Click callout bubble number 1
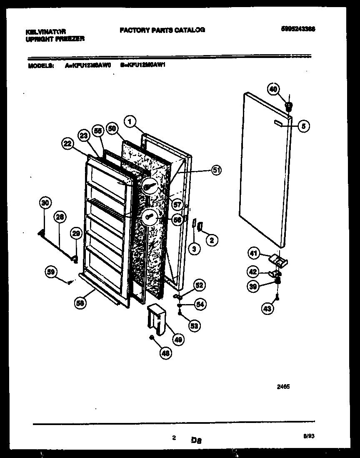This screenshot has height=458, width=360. [130, 122]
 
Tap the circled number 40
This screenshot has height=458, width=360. [273, 89]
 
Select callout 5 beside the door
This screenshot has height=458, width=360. [304, 126]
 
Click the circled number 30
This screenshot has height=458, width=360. [45, 203]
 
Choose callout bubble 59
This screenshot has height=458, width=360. [50, 272]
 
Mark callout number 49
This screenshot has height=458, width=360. [178, 340]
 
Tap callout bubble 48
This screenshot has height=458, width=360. [165, 353]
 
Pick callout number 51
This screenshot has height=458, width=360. [216, 170]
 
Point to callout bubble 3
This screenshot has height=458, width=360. [193, 249]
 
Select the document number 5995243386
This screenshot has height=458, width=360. [297, 29]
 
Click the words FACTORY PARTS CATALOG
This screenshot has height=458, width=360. [162, 30]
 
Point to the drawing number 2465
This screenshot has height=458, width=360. [283, 387]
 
